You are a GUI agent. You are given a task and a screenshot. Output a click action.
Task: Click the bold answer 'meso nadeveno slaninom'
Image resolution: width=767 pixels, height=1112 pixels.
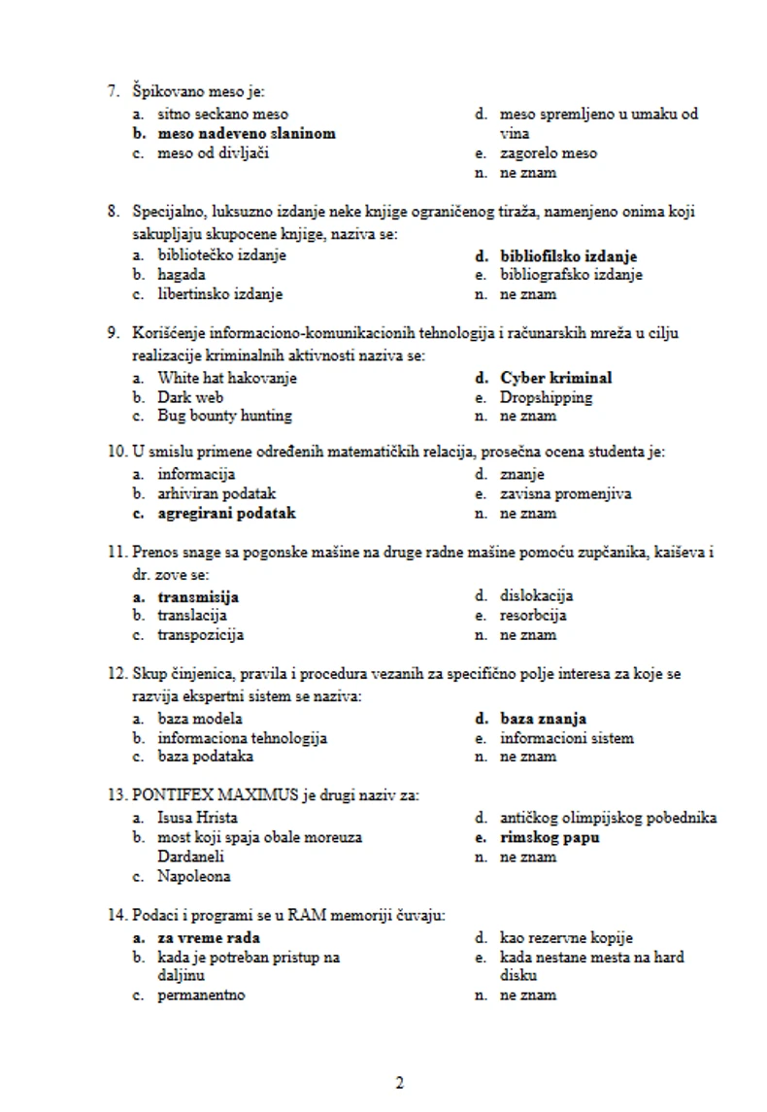(x=247, y=133)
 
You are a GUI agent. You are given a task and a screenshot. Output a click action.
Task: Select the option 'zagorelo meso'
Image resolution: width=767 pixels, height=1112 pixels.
(x=549, y=153)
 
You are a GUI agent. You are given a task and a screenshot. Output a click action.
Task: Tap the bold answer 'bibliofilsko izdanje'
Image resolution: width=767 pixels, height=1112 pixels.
(x=568, y=256)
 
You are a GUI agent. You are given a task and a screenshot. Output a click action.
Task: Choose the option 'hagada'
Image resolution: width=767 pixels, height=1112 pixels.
(x=182, y=275)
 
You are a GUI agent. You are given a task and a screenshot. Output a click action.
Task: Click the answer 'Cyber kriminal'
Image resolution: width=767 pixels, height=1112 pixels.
(x=555, y=378)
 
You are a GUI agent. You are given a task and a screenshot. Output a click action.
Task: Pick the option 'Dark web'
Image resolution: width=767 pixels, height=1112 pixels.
(x=190, y=397)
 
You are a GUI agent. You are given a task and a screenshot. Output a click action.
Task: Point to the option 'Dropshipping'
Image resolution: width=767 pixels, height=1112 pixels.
(x=546, y=397)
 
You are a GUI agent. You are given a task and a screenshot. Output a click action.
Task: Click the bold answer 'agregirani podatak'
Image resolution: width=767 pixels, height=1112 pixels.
(x=226, y=513)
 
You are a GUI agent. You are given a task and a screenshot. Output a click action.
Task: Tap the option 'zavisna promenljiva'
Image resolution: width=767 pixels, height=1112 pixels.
(x=565, y=493)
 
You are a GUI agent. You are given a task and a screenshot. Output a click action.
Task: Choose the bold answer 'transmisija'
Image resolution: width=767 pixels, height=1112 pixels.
(x=198, y=596)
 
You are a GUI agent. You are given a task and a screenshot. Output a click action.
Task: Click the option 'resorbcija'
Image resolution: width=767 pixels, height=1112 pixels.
(x=533, y=616)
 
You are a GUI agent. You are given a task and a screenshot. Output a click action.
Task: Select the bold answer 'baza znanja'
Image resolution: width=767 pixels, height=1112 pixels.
(x=543, y=719)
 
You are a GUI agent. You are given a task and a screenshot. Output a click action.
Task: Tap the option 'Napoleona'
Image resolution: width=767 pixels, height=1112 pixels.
(x=194, y=877)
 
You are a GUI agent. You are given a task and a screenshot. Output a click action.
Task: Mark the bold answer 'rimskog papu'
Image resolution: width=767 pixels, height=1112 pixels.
(x=550, y=837)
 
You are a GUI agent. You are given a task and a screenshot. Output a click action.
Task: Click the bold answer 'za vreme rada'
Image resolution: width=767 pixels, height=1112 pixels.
(x=209, y=938)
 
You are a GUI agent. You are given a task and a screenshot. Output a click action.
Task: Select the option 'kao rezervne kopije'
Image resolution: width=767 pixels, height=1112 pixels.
(x=566, y=938)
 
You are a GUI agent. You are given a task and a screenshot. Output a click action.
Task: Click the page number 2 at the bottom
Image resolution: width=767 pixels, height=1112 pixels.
(x=399, y=1084)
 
